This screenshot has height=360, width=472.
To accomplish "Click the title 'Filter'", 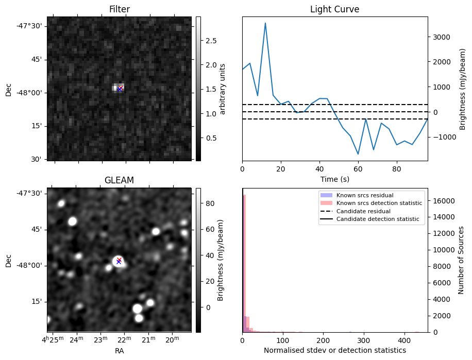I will coord(119,9).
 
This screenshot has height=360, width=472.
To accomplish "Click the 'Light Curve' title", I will coord(334,9).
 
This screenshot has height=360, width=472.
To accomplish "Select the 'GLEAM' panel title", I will coord(119,180).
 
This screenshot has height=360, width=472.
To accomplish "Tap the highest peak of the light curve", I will coord(265,23).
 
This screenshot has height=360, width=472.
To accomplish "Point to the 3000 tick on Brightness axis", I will coord(444,37).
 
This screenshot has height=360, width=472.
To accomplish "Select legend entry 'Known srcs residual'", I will coord(364,196).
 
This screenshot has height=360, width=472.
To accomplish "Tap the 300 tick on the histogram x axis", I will coord(364,340).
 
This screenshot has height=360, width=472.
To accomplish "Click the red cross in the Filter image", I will coord(121,87).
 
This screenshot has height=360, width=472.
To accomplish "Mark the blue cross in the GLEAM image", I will coord(119,262).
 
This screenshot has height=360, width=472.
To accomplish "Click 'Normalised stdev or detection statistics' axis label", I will coord(334,350).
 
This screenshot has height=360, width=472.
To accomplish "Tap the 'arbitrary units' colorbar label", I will coord(223,89).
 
